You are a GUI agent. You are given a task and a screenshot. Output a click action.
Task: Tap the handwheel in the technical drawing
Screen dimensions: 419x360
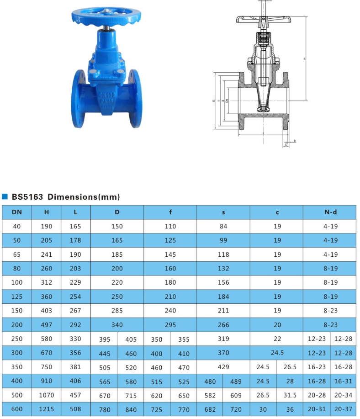(264, 20)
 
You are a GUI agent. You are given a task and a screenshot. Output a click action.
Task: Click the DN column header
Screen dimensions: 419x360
(16, 212)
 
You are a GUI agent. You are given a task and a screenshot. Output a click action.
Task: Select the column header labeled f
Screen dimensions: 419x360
(170, 212)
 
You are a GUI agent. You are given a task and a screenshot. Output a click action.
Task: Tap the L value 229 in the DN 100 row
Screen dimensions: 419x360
(75, 282)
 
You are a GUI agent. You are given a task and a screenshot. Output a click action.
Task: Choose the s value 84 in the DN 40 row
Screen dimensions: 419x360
(223, 226)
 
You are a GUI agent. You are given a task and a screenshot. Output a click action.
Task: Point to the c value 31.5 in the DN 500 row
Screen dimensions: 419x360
(290, 395)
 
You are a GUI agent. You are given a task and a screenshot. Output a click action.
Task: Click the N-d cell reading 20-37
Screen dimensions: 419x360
(343, 409)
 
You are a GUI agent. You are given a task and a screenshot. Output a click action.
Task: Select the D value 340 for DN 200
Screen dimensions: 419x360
(117, 325)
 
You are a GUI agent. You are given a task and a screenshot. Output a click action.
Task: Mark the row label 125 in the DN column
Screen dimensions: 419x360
(16, 297)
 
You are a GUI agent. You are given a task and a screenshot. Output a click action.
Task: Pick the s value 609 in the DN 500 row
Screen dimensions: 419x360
(236, 395)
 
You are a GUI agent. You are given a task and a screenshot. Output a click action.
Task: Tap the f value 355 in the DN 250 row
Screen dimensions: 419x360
(184, 339)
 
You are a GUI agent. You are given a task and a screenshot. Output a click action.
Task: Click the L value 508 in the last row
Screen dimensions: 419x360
(75, 409)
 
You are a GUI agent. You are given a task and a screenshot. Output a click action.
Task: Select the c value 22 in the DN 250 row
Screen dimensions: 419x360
(277, 339)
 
